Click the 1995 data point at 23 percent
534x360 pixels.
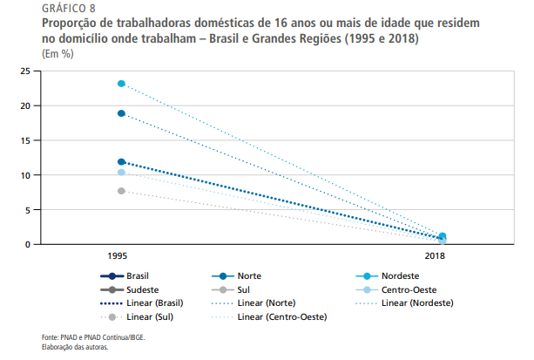click(x=122, y=84)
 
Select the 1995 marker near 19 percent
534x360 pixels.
click(x=122, y=113)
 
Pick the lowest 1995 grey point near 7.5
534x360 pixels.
click(x=122, y=191)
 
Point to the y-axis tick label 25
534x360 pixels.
click(x=25, y=71)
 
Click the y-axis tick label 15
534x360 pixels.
click(x=25, y=140)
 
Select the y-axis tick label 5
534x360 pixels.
click(x=28, y=210)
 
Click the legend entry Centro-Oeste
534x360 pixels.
click(x=409, y=289)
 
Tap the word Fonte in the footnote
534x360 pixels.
click(x=51, y=337)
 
